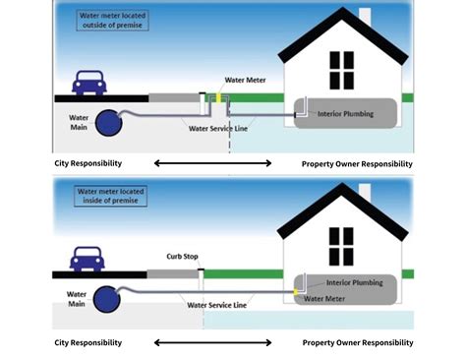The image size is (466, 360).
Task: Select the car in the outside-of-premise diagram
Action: (89, 83)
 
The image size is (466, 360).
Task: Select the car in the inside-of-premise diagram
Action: (89, 261)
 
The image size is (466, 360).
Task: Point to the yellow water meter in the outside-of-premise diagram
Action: (219, 98)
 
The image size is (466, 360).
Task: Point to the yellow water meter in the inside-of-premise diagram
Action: (295, 291)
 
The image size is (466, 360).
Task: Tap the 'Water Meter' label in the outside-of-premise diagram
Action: (244, 80)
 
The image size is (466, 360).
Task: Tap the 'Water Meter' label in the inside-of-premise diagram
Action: (324, 298)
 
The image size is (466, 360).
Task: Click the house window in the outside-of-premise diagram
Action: (341, 69)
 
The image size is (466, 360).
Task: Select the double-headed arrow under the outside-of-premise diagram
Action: (212, 163)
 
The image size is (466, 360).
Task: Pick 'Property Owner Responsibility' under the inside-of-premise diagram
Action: (358, 342)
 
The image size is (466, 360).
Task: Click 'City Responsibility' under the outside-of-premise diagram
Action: (87, 163)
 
